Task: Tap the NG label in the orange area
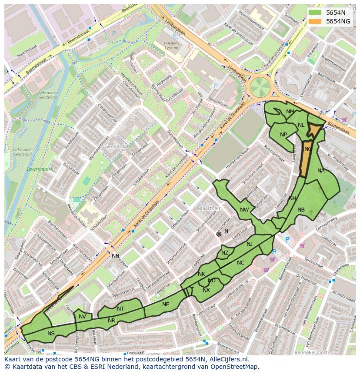(x=308, y=149)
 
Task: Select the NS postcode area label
(x=51, y=334)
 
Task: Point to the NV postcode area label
(x=82, y=317)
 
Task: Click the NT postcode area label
(x=120, y=309)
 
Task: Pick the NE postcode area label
(x=166, y=304)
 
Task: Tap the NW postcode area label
(x=244, y=210)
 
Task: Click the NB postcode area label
(x=301, y=210)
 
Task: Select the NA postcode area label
(x=321, y=171)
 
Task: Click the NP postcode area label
(x=283, y=134)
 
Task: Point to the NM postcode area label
(x=290, y=112)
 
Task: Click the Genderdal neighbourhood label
(x=116, y=147)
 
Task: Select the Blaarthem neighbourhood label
(x=210, y=209)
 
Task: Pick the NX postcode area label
(x=206, y=290)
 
